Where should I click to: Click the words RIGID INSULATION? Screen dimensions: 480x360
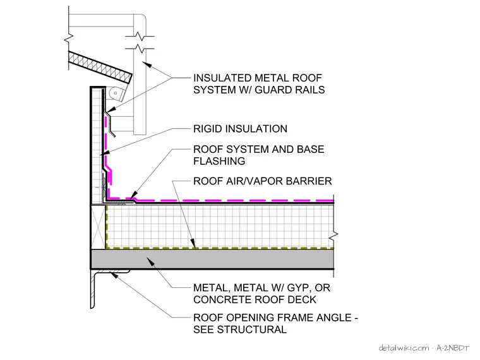[x=240, y=129]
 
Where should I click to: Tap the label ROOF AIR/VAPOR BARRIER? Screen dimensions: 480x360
[x=263, y=181]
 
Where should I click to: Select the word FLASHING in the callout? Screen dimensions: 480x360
[x=219, y=161]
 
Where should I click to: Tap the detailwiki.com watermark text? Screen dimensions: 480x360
[x=404, y=348]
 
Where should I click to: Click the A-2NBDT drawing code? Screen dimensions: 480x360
[x=453, y=348]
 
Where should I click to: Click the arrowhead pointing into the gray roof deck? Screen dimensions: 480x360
[x=150, y=261]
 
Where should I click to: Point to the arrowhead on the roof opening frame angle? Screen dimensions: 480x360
[x=114, y=275]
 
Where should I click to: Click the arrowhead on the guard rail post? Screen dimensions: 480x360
[x=147, y=65]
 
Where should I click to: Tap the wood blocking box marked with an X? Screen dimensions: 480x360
[x=99, y=227]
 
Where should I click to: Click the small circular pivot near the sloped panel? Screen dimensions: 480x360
[x=114, y=93]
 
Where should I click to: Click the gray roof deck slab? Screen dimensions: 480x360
[x=212, y=260]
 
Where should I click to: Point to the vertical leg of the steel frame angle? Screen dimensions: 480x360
[x=93, y=289]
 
